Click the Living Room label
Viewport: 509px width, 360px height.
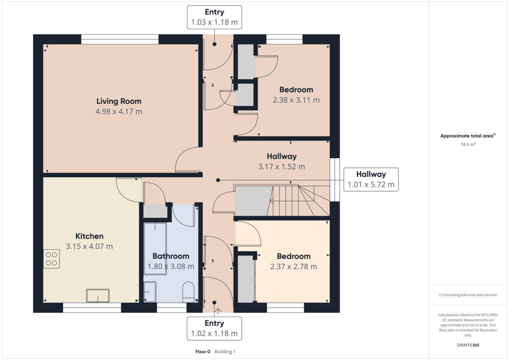click(119, 101)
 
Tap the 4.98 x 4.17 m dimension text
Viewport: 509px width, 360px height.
click(119, 112)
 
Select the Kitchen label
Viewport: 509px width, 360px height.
click(89, 236)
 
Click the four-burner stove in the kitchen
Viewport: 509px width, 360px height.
click(51, 259)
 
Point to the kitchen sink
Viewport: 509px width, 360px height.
click(98, 296)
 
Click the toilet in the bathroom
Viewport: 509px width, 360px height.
click(188, 293)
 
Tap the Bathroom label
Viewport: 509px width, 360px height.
click(171, 256)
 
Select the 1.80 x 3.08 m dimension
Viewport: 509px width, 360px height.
click(171, 267)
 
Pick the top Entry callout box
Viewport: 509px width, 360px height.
click(214, 17)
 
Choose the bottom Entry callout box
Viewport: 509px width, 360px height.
click(214, 329)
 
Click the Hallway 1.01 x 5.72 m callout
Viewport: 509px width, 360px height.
click(371, 179)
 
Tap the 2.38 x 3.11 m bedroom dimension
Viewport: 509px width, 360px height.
click(296, 100)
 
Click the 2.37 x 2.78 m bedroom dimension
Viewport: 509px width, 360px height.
click(294, 267)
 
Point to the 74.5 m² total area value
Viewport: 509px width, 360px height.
click(468, 145)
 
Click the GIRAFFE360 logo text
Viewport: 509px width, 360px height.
click(468, 345)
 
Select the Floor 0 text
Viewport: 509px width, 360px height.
click(202, 352)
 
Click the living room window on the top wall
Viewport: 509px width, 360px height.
click(120, 39)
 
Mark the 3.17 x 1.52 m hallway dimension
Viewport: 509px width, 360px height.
click(282, 167)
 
